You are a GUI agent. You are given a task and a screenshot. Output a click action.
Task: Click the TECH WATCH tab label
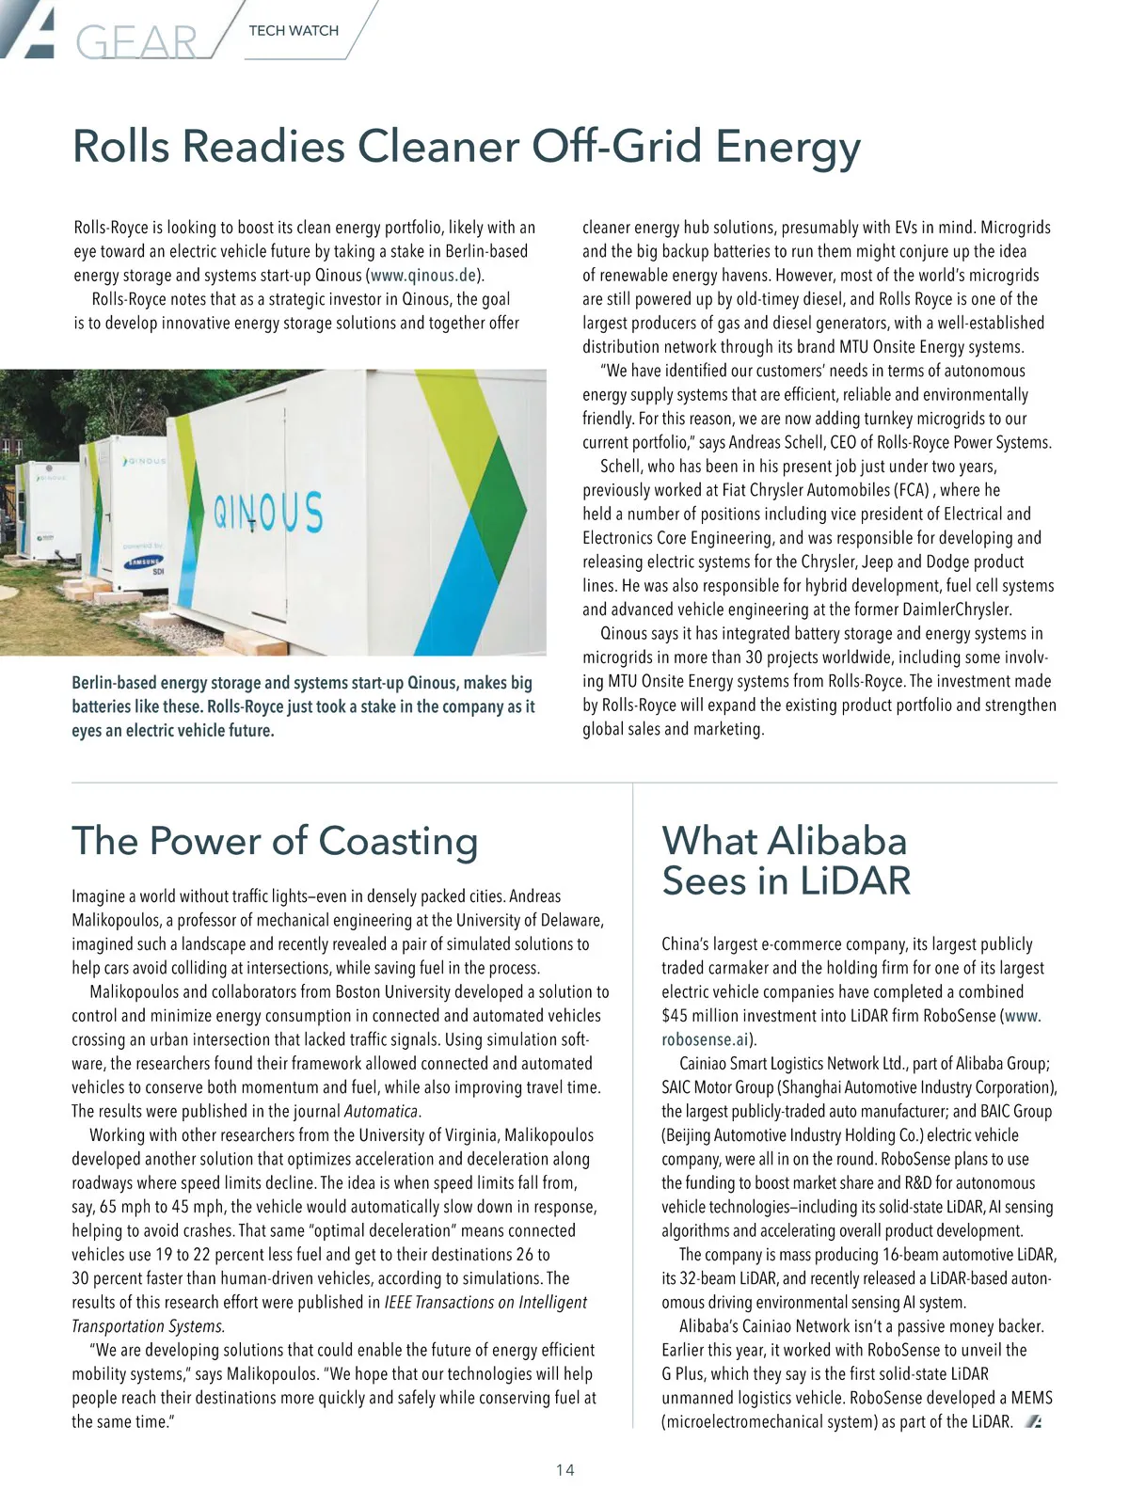294,31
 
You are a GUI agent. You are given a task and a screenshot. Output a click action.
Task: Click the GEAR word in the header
136,41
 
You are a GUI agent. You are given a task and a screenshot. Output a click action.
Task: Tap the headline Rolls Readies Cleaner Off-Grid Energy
467,147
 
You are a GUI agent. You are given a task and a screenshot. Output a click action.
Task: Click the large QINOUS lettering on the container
268,514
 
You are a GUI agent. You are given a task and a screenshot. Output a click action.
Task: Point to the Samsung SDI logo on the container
145,564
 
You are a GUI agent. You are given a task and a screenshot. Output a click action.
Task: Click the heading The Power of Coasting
275,840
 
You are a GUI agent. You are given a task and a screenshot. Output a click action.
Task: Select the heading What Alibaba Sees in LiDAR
786,860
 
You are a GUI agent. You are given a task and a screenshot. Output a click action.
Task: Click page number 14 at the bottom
564,1470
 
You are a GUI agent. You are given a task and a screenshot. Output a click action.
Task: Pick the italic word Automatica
381,1112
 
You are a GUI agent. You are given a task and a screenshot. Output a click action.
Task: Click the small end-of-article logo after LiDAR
1033,1421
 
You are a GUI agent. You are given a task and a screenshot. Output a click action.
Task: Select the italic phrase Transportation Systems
148,1326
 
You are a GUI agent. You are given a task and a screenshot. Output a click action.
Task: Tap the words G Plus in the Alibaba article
685,1374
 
